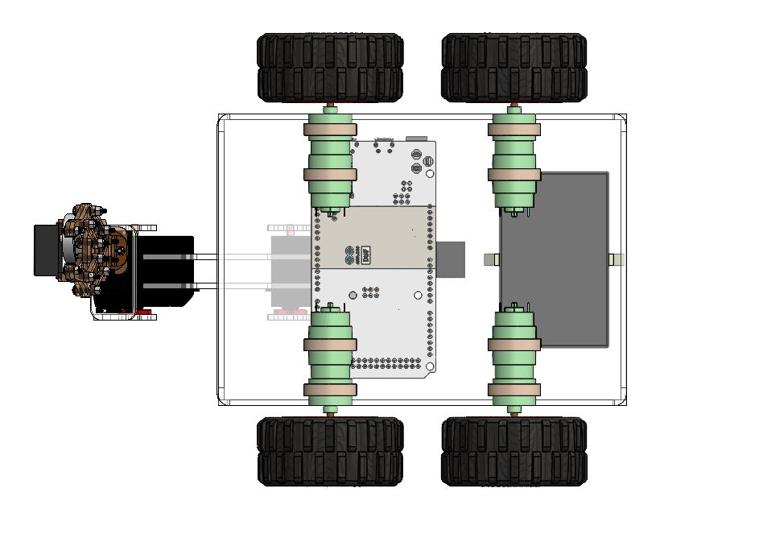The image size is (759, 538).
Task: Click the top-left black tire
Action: click(x=330, y=68)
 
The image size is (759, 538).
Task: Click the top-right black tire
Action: click(x=514, y=68)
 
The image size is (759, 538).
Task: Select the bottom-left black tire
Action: click(x=330, y=451)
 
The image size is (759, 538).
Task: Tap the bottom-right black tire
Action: click(x=514, y=451)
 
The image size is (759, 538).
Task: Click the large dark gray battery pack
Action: click(x=554, y=259)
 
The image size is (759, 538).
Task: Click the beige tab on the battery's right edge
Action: click(x=617, y=259)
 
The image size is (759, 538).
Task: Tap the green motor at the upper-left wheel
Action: click(x=328, y=160)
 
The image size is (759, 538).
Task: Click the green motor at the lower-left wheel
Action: click(x=328, y=354)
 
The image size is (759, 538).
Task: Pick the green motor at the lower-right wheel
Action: click(x=515, y=354)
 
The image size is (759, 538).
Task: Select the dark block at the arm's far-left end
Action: click(x=47, y=250)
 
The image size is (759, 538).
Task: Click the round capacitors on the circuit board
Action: click(x=416, y=160)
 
